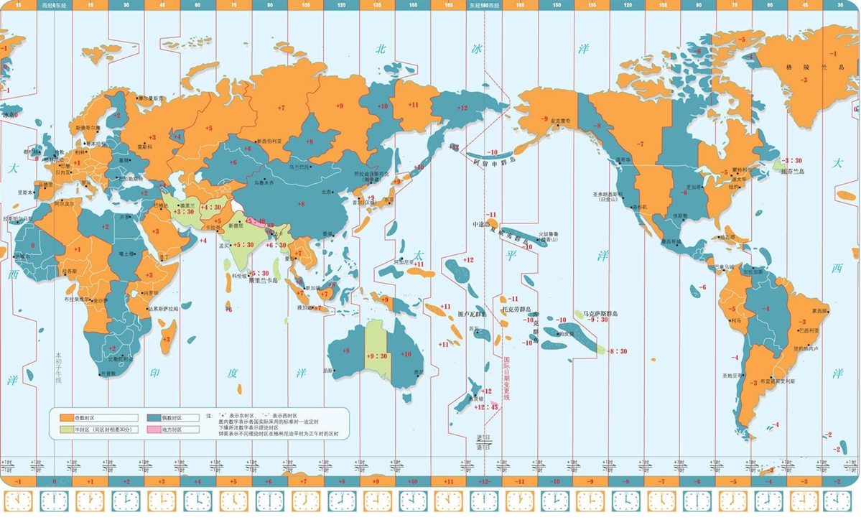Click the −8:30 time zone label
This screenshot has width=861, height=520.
(x=618, y=351)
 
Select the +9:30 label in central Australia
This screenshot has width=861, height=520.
(x=378, y=355)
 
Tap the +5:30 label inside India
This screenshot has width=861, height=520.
(x=243, y=245)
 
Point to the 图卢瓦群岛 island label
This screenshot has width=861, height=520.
(x=473, y=314)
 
